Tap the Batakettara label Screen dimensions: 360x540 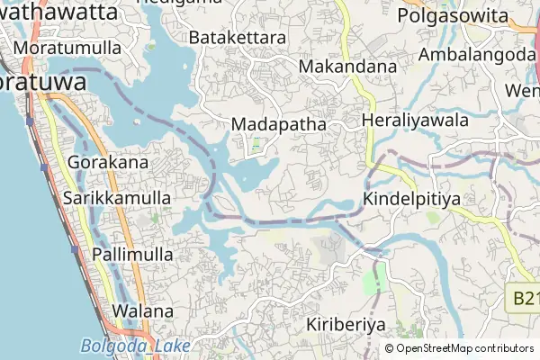coord(238,38)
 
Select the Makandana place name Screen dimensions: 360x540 coord(347,67)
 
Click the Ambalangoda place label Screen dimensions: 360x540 coord(477,54)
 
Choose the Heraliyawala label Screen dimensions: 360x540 coord(415,120)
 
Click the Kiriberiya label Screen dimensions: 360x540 coord(346,324)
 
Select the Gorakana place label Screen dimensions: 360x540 coord(107,163)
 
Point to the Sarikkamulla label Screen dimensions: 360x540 coord(117,196)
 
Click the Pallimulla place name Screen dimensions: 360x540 coord(132,255)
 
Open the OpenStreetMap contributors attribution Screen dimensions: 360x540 coord(464,348)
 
